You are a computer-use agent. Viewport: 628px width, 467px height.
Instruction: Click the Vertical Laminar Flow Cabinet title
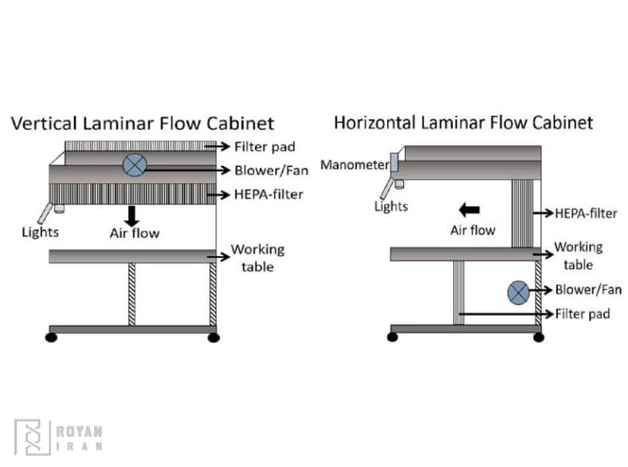pos(142,124)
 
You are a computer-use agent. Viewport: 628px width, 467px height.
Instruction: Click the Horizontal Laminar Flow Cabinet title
pos(463,123)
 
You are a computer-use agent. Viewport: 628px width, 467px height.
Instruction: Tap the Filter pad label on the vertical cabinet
pos(265,147)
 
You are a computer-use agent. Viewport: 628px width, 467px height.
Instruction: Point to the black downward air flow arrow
pos(132,215)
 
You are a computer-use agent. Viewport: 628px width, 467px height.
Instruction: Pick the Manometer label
pos(354,166)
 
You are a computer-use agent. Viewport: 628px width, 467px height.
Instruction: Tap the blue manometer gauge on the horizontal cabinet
pos(394,166)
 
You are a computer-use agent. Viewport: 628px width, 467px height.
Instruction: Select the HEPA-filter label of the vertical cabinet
pos(269,194)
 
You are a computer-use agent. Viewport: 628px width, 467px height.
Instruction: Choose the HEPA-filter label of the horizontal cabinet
pos(587,213)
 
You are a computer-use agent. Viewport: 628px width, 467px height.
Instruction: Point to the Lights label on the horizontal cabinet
pos(391,207)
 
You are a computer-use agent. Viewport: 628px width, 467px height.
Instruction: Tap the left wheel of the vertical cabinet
pos(52,338)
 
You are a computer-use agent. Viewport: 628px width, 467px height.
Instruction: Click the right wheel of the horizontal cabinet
pos(539,338)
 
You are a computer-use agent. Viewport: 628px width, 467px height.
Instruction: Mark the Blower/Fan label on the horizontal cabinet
pos(588,290)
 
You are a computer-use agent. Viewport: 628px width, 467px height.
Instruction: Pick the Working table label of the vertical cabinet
pos(257,258)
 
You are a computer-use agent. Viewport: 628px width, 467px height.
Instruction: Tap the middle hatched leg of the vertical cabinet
pos(132,294)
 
